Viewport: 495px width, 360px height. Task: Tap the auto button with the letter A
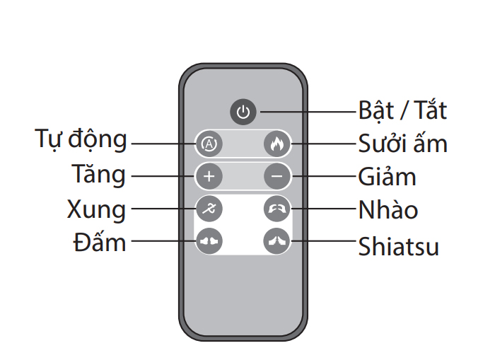209,144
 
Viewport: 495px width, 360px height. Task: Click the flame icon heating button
277,144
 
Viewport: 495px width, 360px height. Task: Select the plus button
209,176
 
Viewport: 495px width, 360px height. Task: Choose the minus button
277,176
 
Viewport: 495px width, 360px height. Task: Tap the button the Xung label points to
209,209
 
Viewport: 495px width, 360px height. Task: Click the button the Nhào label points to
277,209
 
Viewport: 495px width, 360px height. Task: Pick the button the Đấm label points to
209,241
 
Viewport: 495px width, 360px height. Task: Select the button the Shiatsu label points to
277,241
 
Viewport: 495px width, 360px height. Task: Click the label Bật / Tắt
402,110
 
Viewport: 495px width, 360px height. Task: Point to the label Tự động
81,139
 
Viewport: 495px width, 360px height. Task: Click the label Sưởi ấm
403,143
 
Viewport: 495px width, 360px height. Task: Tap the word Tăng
99,174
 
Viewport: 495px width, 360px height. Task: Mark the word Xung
97,209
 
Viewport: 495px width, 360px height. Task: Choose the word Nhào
388,209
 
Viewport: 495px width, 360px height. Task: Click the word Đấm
100,242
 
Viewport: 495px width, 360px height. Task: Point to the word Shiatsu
399,246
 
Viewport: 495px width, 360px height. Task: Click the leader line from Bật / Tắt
308,112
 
